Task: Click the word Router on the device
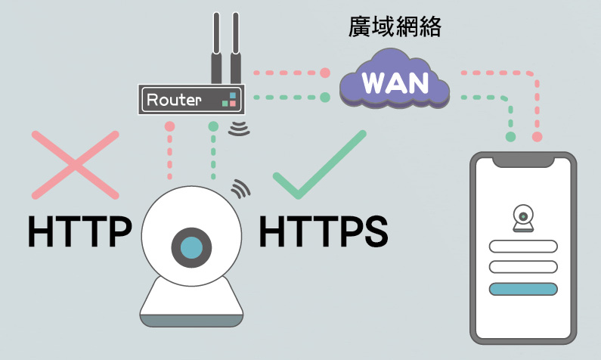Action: [174, 99]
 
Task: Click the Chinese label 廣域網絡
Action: [394, 27]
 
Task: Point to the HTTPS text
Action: [323, 231]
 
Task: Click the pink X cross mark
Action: [76, 165]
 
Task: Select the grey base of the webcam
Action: [192, 319]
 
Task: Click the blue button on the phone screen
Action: [523, 289]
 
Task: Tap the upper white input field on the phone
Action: [523, 247]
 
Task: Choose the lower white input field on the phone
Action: [523, 267]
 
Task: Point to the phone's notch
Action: [523, 162]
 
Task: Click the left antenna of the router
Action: [216, 49]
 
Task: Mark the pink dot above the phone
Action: [537, 137]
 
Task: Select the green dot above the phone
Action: [511, 137]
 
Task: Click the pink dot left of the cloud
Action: [326, 73]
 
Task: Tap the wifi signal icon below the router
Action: [240, 128]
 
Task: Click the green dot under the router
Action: [214, 126]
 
